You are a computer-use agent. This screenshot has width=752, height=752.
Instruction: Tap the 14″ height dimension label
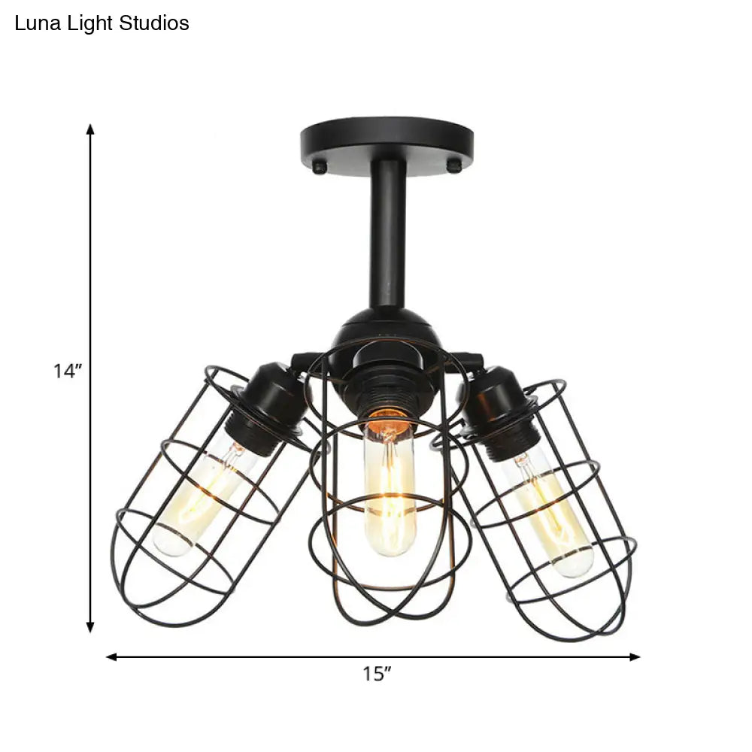pyautogui.click(x=67, y=371)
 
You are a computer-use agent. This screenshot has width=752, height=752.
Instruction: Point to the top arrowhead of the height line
pyautogui.click(x=90, y=129)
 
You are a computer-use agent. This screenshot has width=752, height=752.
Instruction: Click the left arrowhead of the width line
pyautogui.click(x=111, y=656)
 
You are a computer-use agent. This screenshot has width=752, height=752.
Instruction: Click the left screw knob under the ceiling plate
pyautogui.click(x=320, y=167)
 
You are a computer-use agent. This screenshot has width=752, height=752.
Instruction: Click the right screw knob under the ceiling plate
pyautogui.click(x=454, y=167)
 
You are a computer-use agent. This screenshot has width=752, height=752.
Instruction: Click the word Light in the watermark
pyautogui.click(x=90, y=24)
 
